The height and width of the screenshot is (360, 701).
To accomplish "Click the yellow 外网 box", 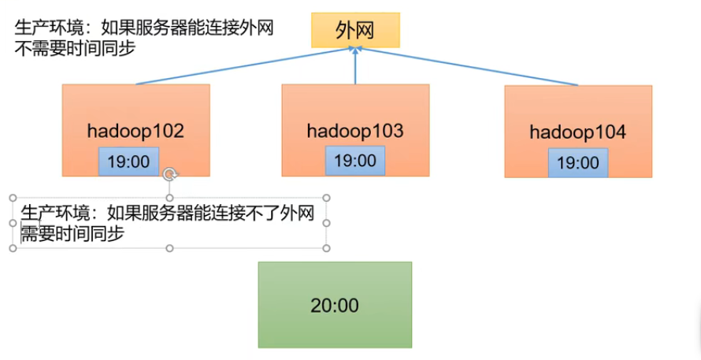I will click(355, 30).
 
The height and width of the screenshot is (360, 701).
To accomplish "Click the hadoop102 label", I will click(135, 131).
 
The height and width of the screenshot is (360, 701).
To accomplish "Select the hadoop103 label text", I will click(355, 131).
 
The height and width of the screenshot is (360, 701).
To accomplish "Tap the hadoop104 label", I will click(577, 132).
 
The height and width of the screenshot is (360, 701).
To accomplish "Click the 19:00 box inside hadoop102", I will click(128, 161).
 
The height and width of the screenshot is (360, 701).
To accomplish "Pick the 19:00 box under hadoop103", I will click(355, 161).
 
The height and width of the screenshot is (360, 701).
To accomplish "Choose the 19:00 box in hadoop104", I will click(578, 163).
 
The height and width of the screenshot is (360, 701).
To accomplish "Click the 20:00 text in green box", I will click(335, 305).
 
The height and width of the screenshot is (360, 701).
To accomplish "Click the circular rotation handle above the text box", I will click(169, 175).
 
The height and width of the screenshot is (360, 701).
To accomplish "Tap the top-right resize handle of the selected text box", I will click(326, 199).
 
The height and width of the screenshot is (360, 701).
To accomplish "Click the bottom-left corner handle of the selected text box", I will click(13, 248).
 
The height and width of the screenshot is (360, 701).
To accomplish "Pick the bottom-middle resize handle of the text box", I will click(169, 248).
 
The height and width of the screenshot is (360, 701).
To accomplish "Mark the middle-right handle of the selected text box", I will click(326, 224).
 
